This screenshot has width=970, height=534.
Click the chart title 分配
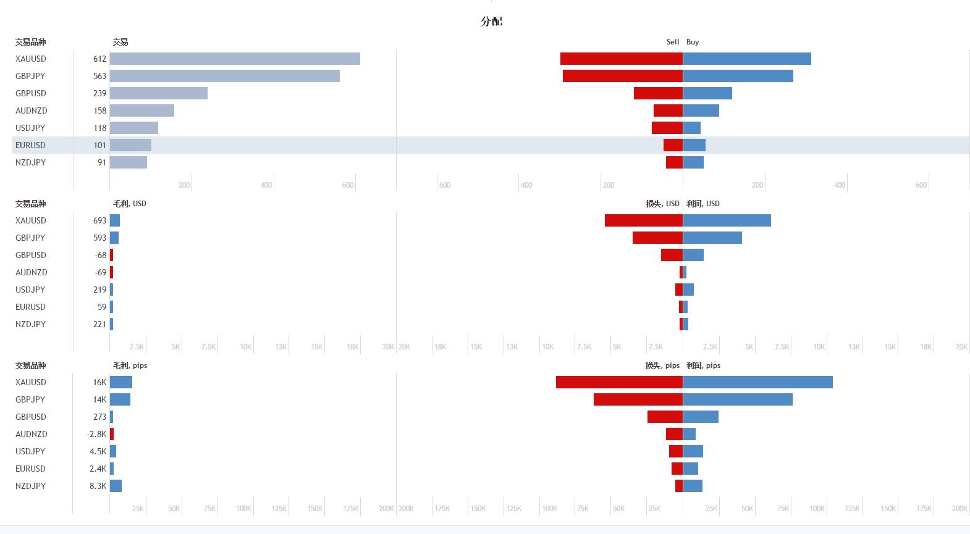pos(491,21)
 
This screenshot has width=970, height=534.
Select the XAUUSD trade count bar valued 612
pos(235,59)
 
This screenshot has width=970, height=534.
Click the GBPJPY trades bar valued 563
pos(225,76)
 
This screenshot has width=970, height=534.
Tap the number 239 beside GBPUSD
pos(100,93)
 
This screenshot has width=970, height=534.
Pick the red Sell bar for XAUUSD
pos(621,59)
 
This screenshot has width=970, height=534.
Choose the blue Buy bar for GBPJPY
pos(738,76)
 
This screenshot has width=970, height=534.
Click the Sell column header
pos(673,42)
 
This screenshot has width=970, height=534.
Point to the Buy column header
pos(693,42)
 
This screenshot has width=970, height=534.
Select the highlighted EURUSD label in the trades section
pos(30,145)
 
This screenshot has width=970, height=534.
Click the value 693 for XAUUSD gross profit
pos(100,220)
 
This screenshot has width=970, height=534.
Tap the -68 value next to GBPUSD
pos(101,255)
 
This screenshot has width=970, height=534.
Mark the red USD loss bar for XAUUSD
pos(643,220)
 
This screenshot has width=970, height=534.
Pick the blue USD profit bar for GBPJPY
pos(712,238)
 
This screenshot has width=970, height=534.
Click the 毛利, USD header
pos(130,204)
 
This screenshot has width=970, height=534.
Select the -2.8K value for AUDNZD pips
pos(97,434)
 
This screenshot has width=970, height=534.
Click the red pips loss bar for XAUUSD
pos(619,382)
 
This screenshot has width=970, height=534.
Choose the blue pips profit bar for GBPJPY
pos(738,399)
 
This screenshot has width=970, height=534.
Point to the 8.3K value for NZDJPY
pos(98,486)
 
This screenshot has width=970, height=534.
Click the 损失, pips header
pos(662,365)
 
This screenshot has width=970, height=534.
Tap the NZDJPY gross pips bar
pos(116,486)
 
